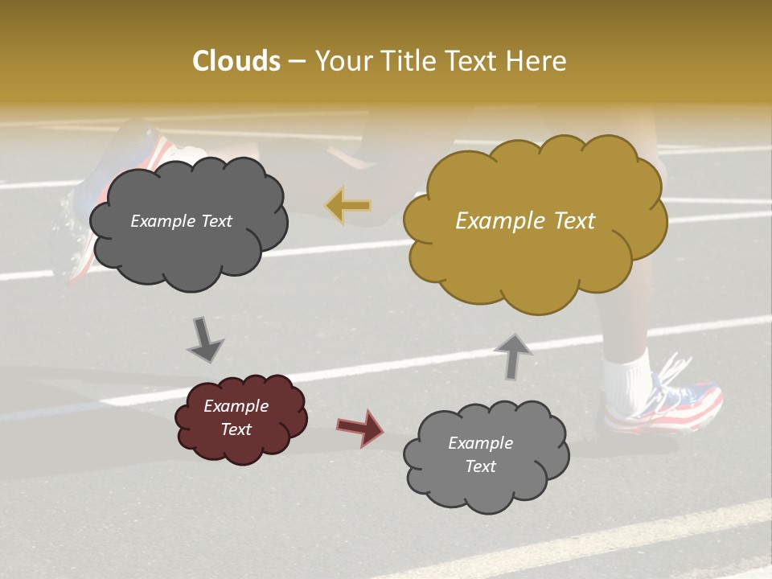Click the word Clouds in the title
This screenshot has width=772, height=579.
tap(236, 61)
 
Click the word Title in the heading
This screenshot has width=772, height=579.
tap(407, 61)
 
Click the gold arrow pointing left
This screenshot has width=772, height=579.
tap(348, 206)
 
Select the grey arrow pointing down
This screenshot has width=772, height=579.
tap(204, 339)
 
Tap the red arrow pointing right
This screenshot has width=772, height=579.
tap(360, 427)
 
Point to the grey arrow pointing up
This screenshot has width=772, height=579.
tap(513, 355)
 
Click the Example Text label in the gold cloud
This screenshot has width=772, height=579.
tap(525, 221)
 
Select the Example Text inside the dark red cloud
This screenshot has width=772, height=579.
tap(236, 417)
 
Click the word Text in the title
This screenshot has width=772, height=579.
tap(474, 61)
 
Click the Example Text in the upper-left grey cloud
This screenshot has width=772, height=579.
tap(181, 221)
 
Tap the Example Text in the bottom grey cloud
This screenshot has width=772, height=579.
tap(480, 454)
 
